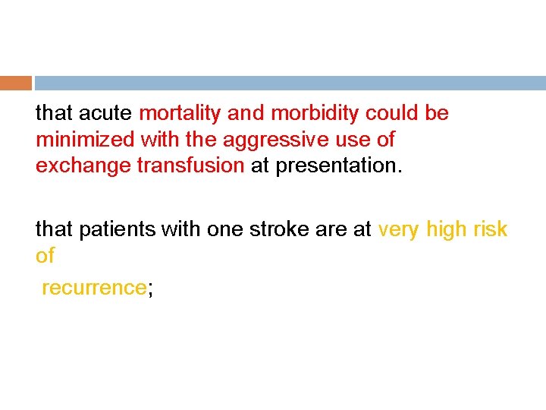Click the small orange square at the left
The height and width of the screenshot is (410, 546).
pos(15,83)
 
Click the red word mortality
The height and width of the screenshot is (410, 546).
pos(180,114)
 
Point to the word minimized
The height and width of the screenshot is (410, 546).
pos(81,140)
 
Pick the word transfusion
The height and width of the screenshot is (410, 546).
pos(190,166)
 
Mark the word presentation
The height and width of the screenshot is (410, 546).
pos(337,166)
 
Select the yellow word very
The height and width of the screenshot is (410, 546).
pos(399,229)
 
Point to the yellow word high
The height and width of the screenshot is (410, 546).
pos(447,229)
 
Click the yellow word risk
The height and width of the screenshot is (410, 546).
pos(491,229)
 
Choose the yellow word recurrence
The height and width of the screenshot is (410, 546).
pos(93,288)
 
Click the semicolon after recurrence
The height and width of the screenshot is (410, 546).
pos(149,289)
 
